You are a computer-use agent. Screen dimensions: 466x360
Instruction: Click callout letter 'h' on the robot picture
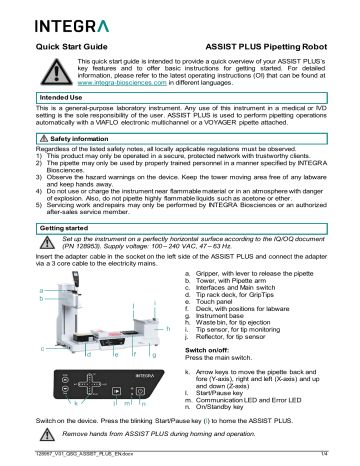(x=169, y=330)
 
